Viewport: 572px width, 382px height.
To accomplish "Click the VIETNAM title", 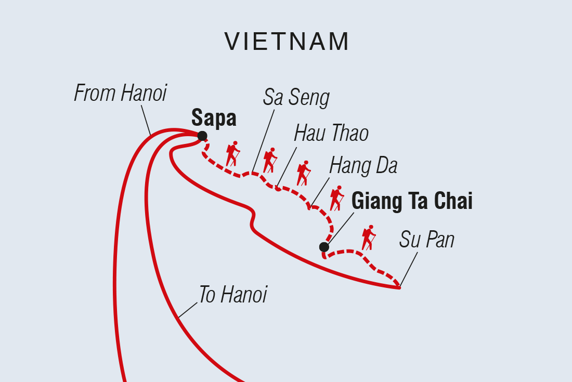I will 287,42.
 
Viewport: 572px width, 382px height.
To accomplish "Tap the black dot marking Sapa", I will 202,136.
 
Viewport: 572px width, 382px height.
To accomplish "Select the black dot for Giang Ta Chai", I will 324,247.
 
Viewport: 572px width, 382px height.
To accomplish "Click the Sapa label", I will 214,118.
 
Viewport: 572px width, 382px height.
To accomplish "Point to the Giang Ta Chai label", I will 412,201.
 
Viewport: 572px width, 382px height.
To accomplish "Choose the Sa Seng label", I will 296,97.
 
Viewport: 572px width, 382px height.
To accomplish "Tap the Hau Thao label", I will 331,134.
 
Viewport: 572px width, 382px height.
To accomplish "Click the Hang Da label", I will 363,166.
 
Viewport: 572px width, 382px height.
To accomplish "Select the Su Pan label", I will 427,240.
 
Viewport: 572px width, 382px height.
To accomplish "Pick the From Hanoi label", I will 120,94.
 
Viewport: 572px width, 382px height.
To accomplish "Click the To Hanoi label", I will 232,295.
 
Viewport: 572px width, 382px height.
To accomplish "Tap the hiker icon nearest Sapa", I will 232,154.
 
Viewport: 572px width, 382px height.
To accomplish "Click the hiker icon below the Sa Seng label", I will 269,161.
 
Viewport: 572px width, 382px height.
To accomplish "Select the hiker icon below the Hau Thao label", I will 303,173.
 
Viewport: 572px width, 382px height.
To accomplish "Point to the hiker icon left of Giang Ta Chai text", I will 336,198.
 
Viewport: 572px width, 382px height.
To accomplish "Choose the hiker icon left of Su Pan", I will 368,238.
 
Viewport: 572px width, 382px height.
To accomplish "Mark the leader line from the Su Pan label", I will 409,268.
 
